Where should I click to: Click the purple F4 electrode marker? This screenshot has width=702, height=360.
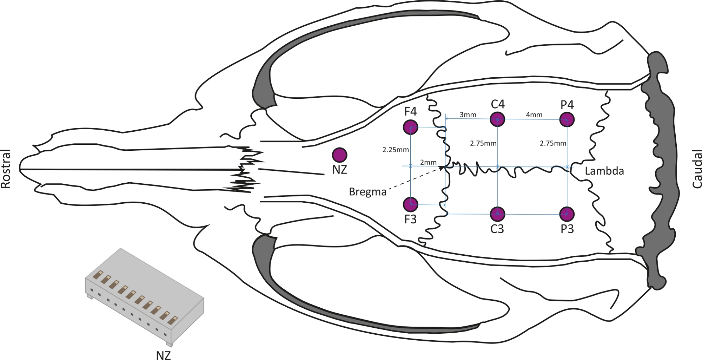(x=411, y=127)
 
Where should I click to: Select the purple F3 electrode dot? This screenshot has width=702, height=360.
(x=411, y=204)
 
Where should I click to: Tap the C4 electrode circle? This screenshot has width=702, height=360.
(x=497, y=119)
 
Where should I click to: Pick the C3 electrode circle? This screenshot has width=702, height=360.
(x=497, y=214)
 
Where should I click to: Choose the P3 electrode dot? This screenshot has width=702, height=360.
(x=567, y=214)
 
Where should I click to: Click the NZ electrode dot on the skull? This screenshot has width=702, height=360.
(x=339, y=154)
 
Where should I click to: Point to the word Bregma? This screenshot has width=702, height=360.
(x=367, y=192)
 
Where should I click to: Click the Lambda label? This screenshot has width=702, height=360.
(x=604, y=171)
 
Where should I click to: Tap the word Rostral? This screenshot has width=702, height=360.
(x=6, y=169)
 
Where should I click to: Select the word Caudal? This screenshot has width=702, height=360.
(x=696, y=169)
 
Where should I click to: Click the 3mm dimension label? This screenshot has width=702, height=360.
(x=468, y=115)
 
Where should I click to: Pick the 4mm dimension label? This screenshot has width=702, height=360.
(x=534, y=115)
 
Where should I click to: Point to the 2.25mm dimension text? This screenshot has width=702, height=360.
(x=396, y=150)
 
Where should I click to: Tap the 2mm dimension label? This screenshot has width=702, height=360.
(x=428, y=162)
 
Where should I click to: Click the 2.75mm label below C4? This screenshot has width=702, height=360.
(x=483, y=143)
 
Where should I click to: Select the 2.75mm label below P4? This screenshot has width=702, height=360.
(x=553, y=143)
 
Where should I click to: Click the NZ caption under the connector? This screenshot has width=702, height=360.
(x=163, y=355)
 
